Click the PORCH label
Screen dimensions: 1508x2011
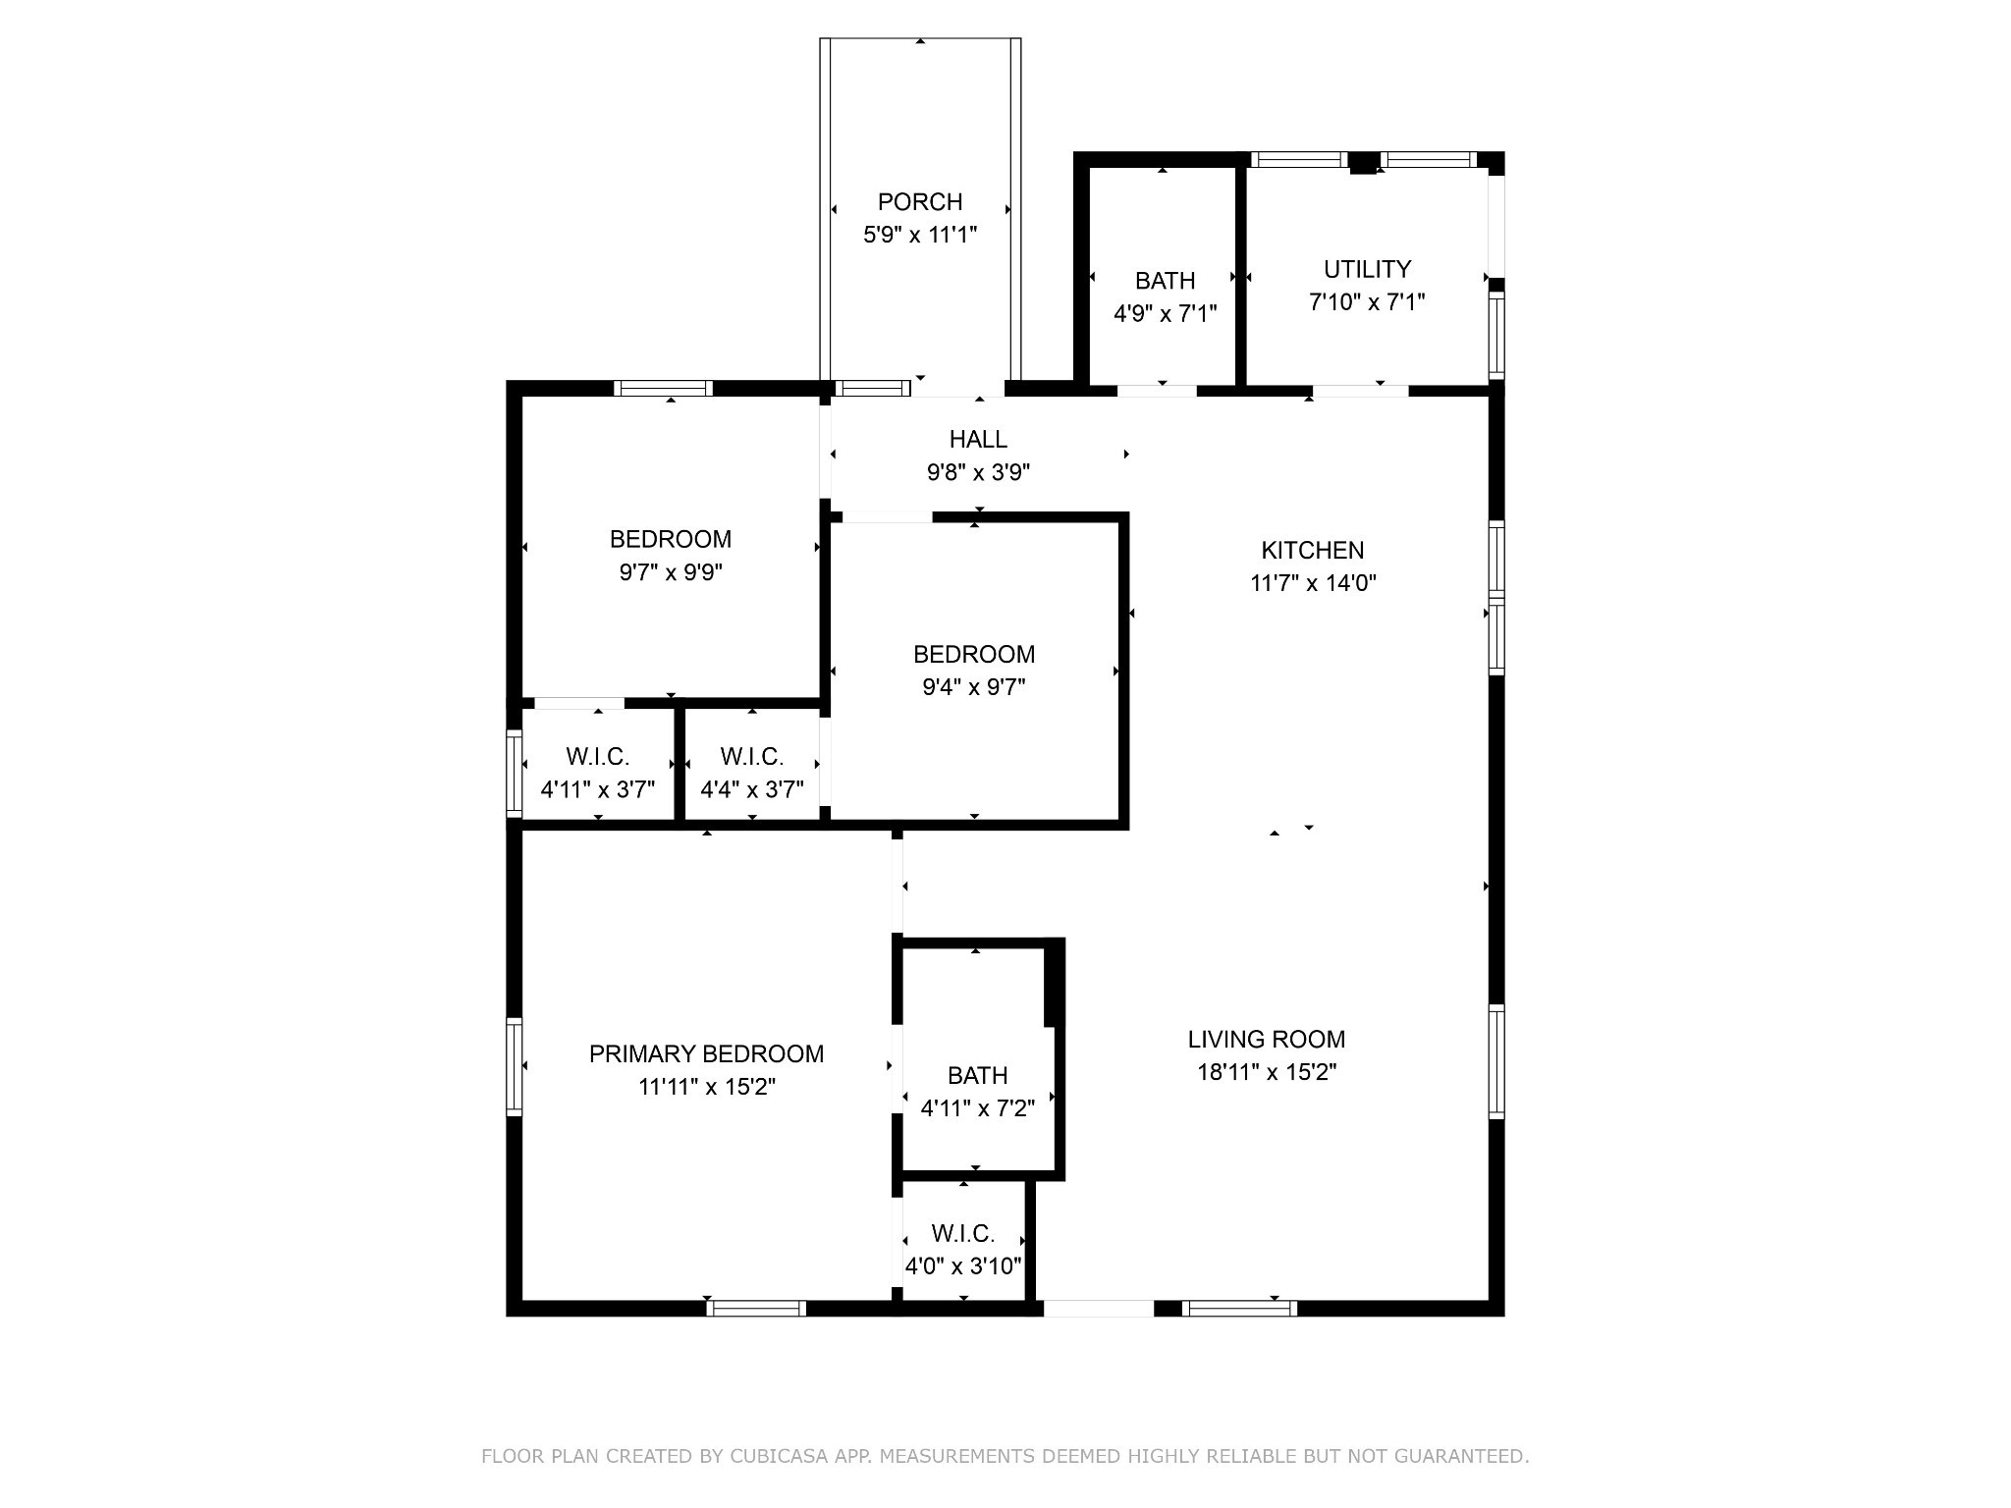(919, 202)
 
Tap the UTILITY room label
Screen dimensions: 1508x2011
(1367, 269)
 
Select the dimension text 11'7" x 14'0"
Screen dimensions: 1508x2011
(1313, 583)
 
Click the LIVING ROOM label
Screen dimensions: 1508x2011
(1266, 1039)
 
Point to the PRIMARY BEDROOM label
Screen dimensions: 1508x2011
(706, 1053)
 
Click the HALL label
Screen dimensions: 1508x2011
(978, 439)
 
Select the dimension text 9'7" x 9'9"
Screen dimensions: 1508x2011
(671, 572)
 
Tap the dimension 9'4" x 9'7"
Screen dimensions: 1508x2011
(973, 687)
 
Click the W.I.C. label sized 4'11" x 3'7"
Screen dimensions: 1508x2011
(597, 757)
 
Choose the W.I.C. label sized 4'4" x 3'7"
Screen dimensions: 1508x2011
(751, 757)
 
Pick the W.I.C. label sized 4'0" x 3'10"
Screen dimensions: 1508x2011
(962, 1233)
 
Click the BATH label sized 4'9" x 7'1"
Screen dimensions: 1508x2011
(1165, 281)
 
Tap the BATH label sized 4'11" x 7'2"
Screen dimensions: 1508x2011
(977, 1075)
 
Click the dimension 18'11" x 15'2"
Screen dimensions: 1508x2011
(1266, 1072)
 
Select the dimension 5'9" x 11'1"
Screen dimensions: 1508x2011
(919, 235)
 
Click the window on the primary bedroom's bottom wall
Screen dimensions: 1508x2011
(756, 1308)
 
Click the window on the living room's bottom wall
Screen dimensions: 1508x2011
(1239, 1308)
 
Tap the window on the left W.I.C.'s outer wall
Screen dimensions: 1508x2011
(514, 773)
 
